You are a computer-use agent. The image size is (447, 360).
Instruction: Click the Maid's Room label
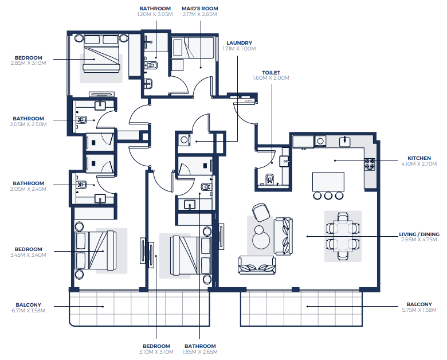200,9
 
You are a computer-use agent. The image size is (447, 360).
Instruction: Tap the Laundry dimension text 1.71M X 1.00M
239,49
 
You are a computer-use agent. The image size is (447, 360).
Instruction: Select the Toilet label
271,73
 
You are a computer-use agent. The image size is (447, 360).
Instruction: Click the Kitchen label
419,158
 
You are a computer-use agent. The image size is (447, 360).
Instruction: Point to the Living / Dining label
419,234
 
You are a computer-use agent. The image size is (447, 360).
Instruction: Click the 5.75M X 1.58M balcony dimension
419,310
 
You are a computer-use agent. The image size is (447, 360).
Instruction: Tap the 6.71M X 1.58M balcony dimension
28,311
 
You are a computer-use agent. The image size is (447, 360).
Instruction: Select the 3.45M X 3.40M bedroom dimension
28,255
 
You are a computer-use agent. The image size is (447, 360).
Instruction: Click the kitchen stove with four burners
370,165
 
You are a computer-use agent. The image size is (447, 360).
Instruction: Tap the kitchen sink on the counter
345,141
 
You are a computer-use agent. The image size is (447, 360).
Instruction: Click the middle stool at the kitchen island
328,195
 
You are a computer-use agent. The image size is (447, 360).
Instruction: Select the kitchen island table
328,182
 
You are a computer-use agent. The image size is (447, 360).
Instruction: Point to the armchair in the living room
261,212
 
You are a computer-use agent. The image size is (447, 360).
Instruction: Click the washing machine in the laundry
184,140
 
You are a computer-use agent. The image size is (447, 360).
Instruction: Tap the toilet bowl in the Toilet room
270,179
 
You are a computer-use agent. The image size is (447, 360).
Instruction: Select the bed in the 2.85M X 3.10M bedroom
101,53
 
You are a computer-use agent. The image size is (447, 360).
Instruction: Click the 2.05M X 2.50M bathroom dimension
28,124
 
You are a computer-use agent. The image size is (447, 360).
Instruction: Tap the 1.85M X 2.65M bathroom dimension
200,352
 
